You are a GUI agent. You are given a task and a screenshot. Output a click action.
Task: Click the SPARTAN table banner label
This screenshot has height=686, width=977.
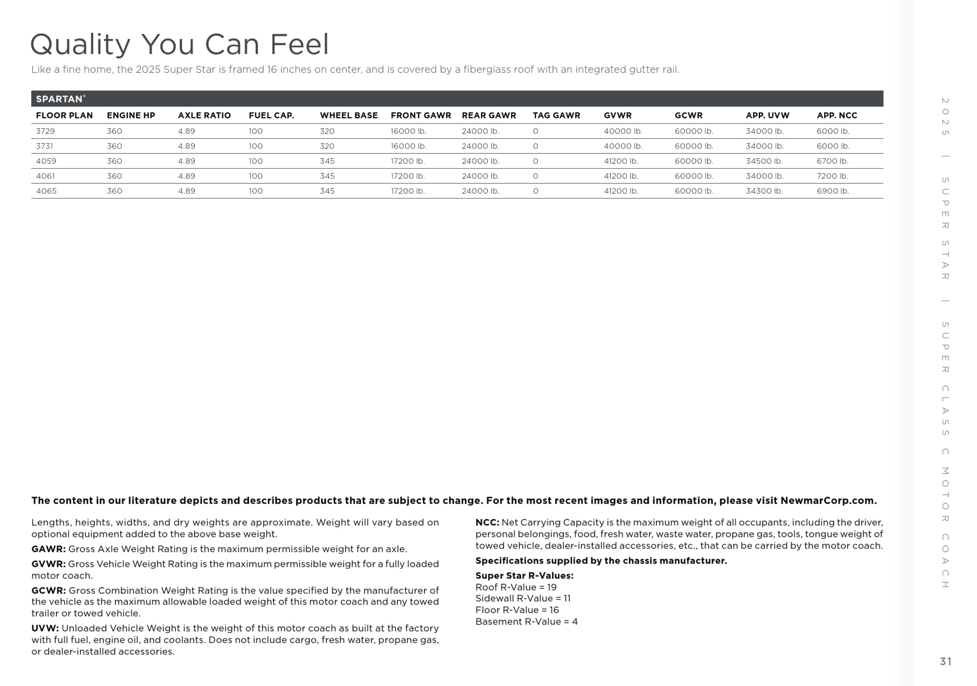pos(59,99)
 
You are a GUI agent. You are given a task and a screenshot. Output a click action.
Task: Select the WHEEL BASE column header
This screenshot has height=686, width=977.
pos(348,115)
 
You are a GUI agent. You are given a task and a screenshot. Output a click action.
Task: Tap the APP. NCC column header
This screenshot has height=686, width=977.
pos(836,115)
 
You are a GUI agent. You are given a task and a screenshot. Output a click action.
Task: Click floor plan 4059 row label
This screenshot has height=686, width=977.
pos(46,161)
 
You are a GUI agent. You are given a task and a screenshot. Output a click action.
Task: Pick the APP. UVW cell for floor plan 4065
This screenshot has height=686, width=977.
pos(764,191)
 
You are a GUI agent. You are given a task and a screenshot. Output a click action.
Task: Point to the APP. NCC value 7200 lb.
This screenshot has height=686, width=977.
pos(832,176)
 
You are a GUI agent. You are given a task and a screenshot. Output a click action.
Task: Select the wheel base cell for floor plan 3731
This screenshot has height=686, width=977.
pos(327,146)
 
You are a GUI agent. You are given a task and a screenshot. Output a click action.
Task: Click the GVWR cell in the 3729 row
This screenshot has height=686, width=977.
pos(623,131)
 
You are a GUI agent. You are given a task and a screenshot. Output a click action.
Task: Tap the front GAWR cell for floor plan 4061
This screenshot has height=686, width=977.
pos(407,176)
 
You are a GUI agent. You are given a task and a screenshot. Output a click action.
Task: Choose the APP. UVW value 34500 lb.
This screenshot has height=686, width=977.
pos(764,161)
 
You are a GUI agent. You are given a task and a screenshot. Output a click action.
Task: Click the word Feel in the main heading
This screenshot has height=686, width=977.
pos(299,44)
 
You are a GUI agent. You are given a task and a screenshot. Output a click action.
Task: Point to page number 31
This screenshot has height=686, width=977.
pos(946,661)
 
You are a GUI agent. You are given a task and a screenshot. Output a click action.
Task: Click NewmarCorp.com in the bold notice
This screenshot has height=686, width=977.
pos(828,501)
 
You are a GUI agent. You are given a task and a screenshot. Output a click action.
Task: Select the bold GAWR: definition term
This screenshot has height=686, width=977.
pos(49,549)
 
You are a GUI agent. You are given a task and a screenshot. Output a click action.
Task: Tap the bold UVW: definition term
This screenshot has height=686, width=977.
pos(45,628)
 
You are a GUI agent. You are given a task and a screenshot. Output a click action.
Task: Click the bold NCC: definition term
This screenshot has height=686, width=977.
pos(487,523)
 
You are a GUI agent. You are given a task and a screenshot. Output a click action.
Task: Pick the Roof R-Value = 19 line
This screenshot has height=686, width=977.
pos(516,587)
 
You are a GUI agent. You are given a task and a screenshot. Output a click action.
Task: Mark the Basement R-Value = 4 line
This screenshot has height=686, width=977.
pos(526,622)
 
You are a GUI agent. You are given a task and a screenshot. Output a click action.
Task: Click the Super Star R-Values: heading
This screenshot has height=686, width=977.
pos(524,575)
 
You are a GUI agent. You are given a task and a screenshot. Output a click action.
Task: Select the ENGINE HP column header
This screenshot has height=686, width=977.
pos(131,115)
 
